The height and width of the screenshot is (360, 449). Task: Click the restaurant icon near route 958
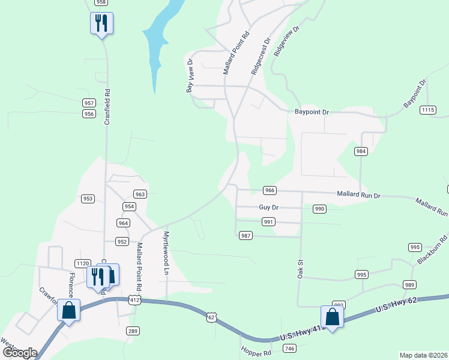[x=101, y=23]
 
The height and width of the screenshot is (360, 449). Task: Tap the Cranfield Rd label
[x=108, y=106]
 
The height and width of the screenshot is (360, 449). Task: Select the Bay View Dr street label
[x=190, y=75]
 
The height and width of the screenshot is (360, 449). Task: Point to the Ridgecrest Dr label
[x=261, y=56]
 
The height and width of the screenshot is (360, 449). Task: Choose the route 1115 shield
[x=428, y=110]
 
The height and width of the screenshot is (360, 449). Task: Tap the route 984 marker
[x=361, y=151]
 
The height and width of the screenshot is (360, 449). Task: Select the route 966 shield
[x=270, y=190]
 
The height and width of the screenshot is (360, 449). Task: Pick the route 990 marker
[x=319, y=209]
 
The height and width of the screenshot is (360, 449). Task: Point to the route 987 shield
[x=245, y=236]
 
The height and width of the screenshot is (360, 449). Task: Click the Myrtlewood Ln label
[x=166, y=253]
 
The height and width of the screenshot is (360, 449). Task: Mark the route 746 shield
[x=290, y=349]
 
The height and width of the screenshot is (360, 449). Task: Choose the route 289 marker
[x=133, y=331]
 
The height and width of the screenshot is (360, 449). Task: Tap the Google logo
[x=19, y=353]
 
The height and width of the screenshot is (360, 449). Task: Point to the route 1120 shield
[x=83, y=263]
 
